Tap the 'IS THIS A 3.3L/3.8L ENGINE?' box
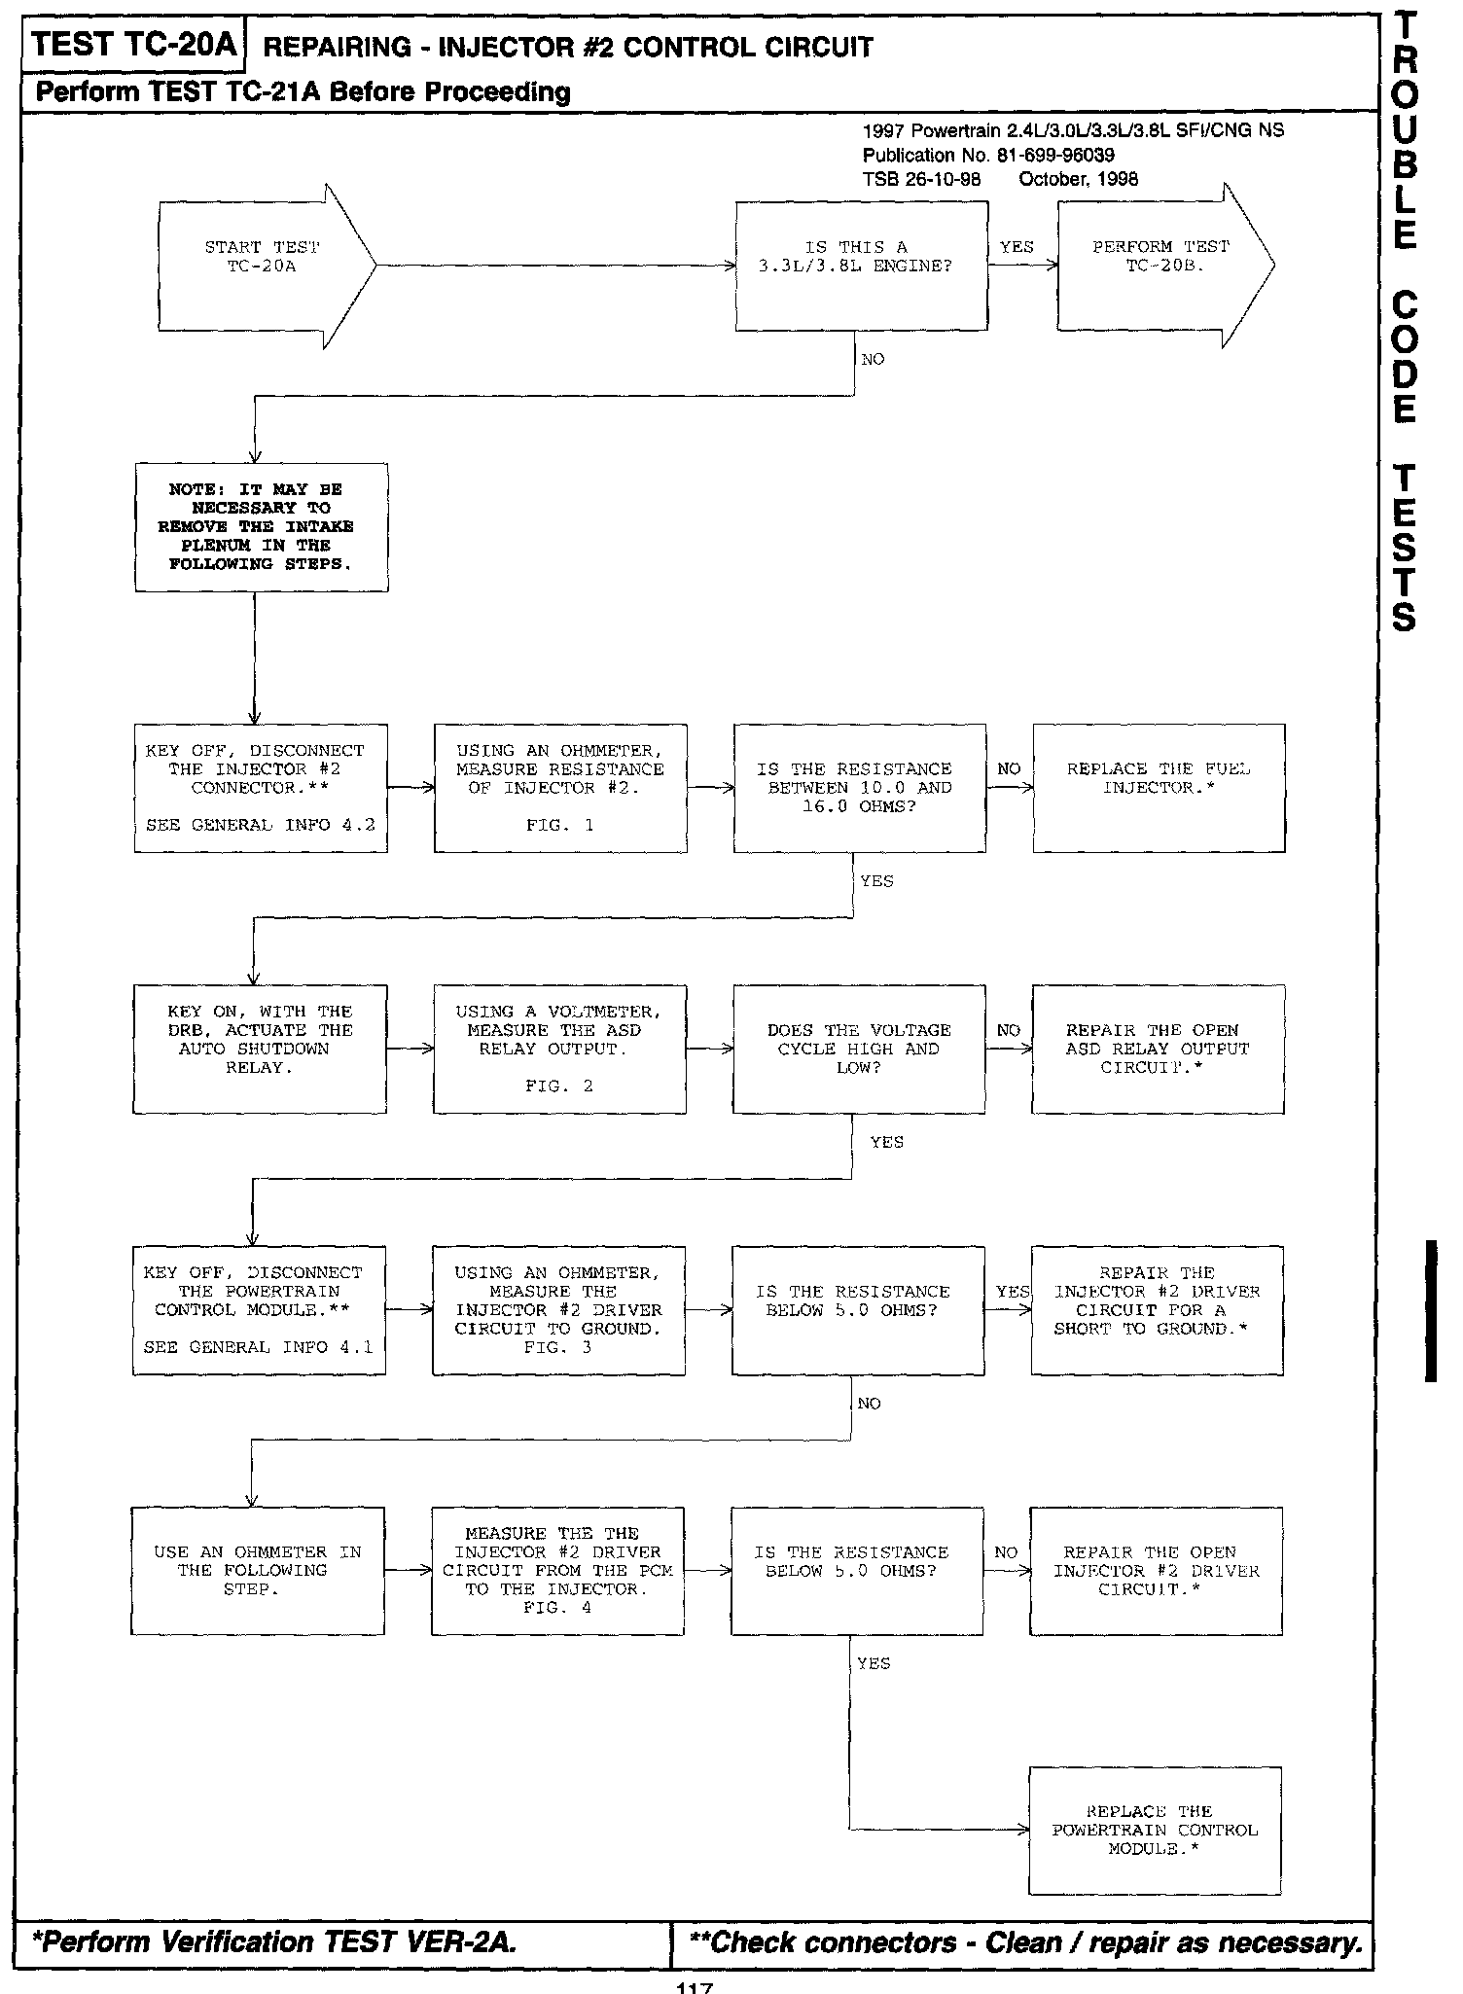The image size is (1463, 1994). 861,266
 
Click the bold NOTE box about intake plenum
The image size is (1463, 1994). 261,527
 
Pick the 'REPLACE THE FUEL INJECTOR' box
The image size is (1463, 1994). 1159,788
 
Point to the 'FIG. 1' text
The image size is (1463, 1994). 559,825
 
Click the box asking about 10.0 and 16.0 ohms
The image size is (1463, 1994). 860,788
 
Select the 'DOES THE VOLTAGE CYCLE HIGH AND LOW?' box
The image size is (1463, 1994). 859,1049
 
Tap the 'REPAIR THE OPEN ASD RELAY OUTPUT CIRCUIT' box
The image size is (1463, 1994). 1158,1049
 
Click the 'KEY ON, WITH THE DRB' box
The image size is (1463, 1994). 260,1049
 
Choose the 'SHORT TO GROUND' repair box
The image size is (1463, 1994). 1157,1309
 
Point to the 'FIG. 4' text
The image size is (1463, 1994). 557,1608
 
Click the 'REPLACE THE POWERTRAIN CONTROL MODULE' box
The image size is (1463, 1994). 1155,1831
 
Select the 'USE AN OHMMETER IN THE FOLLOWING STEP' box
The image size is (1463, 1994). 258,1571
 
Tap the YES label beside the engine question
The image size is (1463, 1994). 1017,247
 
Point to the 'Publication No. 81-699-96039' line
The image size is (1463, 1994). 988,155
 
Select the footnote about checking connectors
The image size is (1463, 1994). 1024,1942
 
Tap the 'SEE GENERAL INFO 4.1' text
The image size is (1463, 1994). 259,1347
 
